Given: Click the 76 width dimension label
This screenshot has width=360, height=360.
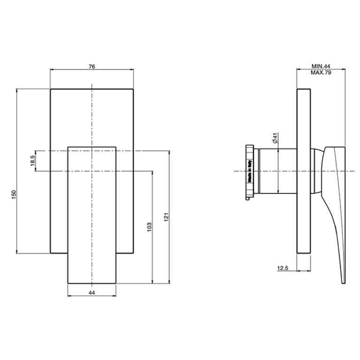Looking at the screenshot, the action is pyautogui.click(x=92, y=67).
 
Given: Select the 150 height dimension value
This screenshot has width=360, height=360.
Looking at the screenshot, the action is pyautogui.click(x=14, y=194).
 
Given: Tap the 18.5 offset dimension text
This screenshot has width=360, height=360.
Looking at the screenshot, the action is pyautogui.click(x=32, y=161).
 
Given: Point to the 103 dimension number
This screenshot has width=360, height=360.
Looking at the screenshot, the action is pyautogui.click(x=149, y=227).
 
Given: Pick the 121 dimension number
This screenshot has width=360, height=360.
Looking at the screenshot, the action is pyautogui.click(x=167, y=217).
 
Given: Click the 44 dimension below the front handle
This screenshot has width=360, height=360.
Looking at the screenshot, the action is pyautogui.click(x=92, y=292).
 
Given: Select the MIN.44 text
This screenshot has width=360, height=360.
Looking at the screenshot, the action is pyautogui.click(x=321, y=66).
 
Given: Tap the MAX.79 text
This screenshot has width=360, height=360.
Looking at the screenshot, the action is pyautogui.click(x=321, y=73).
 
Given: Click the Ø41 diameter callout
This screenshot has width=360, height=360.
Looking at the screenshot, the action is pyautogui.click(x=276, y=138).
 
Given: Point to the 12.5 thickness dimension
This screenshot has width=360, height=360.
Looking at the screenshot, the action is pyautogui.click(x=283, y=268).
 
